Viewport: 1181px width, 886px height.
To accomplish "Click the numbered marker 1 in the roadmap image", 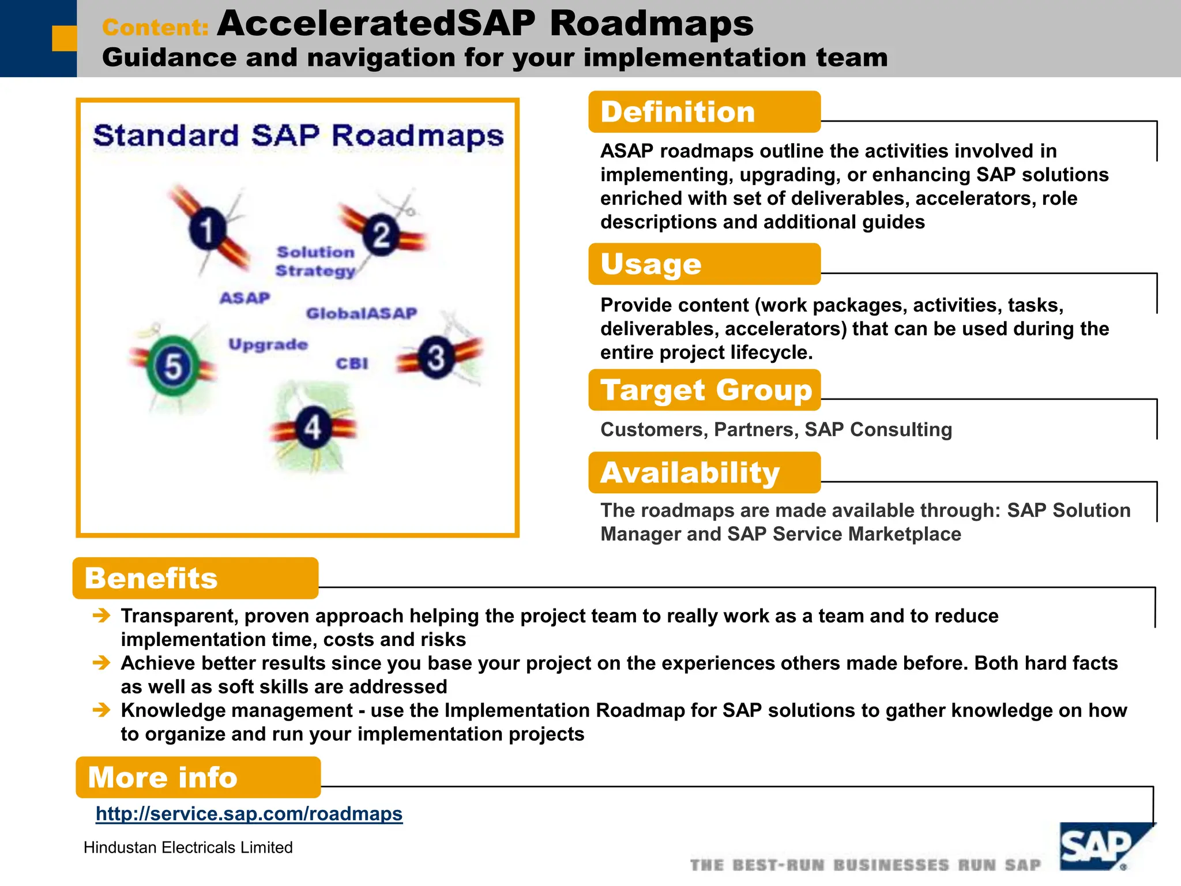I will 207,229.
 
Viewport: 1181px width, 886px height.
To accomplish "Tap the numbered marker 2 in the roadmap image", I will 381,235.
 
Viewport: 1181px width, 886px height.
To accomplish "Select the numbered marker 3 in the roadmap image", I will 437,358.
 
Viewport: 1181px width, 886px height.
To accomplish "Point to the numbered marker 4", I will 313,428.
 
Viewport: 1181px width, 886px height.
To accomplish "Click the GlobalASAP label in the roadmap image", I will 362,313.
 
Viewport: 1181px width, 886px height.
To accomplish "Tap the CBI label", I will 352,363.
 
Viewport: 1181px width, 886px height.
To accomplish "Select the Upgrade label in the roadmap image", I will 268,344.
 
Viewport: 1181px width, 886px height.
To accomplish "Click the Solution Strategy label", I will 315,261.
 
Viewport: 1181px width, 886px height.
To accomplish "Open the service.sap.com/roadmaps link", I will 249,813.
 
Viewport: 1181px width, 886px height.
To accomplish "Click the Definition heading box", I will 704,112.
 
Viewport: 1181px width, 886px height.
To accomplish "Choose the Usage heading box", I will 704,264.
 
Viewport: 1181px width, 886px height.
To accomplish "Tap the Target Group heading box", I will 704,390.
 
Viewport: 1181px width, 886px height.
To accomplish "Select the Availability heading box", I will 704,472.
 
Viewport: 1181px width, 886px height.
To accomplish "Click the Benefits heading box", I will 195,578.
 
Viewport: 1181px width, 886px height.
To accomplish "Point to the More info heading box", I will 198,777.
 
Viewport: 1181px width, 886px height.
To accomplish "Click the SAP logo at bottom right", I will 1099,847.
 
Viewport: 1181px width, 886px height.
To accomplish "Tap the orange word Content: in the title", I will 155,27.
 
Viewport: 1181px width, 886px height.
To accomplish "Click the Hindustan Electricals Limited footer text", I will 188,847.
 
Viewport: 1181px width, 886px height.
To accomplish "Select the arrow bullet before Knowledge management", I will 101,710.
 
